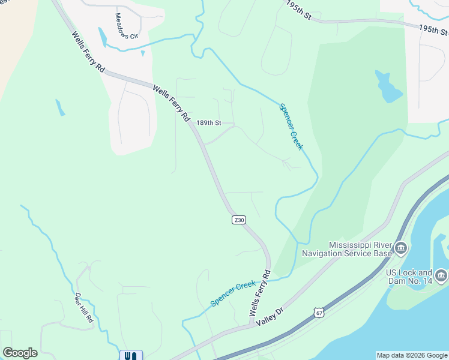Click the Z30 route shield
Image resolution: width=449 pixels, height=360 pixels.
pyautogui.click(x=239, y=220)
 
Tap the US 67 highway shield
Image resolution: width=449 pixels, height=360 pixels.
pyautogui.click(x=319, y=313)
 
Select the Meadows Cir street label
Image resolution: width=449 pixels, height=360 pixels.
pyautogui.click(x=126, y=26)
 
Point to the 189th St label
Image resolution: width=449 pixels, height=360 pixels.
pyautogui.click(x=209, y=123)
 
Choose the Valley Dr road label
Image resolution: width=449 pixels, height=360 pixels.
pyautogui.click(x=270, y=317)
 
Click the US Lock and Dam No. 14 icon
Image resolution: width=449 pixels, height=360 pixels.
pyautogui.click(x=441, y=276)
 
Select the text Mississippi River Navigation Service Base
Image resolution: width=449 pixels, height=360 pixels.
pyautogui.click(x=360, y=249)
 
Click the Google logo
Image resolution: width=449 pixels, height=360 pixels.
pyautogui.click(x=20, y=352)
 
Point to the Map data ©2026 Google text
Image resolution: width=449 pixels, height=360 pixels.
pyautogui.click(x=412, y=355)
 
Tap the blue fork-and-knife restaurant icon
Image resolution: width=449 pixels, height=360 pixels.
pyautogui.click(x=131, y=355)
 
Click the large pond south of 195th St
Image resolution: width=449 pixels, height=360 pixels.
pyautogui.click(x=387, y=88)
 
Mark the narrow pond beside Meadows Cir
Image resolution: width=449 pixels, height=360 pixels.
pyautogui.click(x=103, y=38)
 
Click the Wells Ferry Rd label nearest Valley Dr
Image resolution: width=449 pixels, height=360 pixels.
pyautogui.click(x=260, y=293)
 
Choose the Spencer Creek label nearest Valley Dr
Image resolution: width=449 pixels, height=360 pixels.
pyautogui.click(x=233, y=293)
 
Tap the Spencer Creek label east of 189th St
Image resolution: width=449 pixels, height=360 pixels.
pyautogui.click(x=291, y=127)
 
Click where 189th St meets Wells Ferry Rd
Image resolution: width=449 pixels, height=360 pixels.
pyautogui.click(x=193, y=124)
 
